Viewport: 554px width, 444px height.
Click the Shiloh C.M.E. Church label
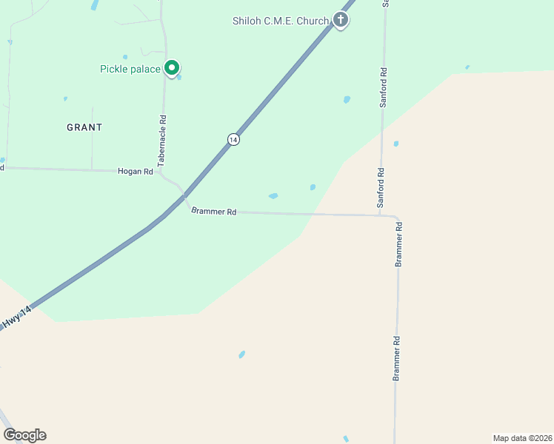pos(281,21)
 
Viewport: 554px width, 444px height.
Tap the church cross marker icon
pos(341,19)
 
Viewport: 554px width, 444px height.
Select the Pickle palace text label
pos(130,70)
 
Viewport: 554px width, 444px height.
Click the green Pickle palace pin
pos(172,68)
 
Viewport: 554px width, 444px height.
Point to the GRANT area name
pos(84,127)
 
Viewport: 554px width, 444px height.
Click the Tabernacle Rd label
pos(162,139)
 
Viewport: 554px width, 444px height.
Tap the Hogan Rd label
pos(135,172)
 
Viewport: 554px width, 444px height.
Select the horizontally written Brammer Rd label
pos(213,212)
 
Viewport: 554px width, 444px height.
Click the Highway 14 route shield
pos(233,139)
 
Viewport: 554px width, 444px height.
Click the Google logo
pos(24,435)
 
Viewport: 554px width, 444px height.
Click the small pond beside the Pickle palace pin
pos(179,76)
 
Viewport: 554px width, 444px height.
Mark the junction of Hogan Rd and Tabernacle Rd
pos(161,172)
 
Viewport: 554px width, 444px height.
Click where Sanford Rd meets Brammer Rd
pos(381,215)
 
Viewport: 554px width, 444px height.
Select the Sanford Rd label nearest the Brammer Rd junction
pos(381,188)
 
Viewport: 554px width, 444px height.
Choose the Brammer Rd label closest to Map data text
pos(396,359)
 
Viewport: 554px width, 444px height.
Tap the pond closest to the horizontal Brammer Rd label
pos(273,196)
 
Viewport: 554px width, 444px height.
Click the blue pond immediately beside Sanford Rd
pos(396,144)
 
